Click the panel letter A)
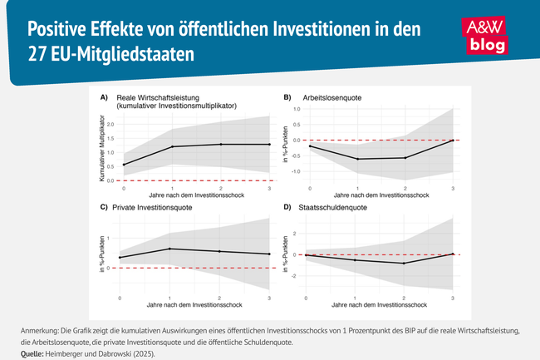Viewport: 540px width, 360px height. tap(105, 98)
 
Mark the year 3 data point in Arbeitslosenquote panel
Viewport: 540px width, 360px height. tap(453, 141)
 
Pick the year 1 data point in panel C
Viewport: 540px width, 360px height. tap(169, 249)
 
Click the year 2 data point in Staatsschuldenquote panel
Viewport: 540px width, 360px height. tap(404, 264)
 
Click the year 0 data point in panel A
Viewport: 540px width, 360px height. tap(123, 165)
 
